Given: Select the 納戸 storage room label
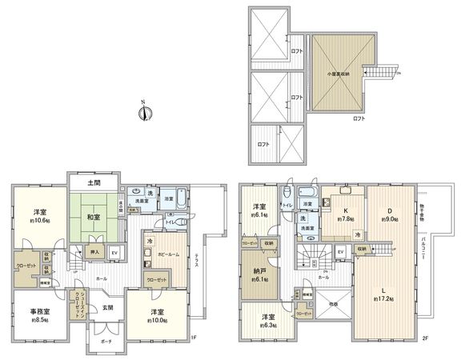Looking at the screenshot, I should coord(259,271).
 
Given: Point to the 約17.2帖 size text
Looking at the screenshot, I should coord(384,298).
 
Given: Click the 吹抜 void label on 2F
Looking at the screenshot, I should coord(332,305).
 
